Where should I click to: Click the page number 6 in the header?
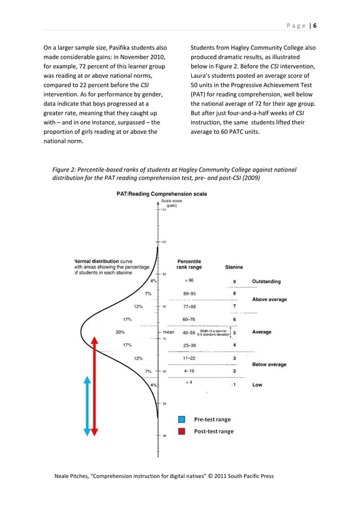pos(315,25)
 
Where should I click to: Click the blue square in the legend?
pos(182,419)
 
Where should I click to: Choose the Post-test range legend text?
pos(213,432)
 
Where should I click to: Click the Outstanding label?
pos(266,281)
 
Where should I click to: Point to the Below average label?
pos(269,365)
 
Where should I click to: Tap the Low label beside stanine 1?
pos(257,385)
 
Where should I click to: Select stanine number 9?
pos(234,282)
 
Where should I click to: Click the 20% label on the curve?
pos(120,332)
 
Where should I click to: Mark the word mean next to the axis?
pos(169,332)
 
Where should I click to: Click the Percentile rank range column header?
pos(189,264)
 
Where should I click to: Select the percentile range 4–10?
pos(190,371)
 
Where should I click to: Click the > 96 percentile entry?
pos(188,280)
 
